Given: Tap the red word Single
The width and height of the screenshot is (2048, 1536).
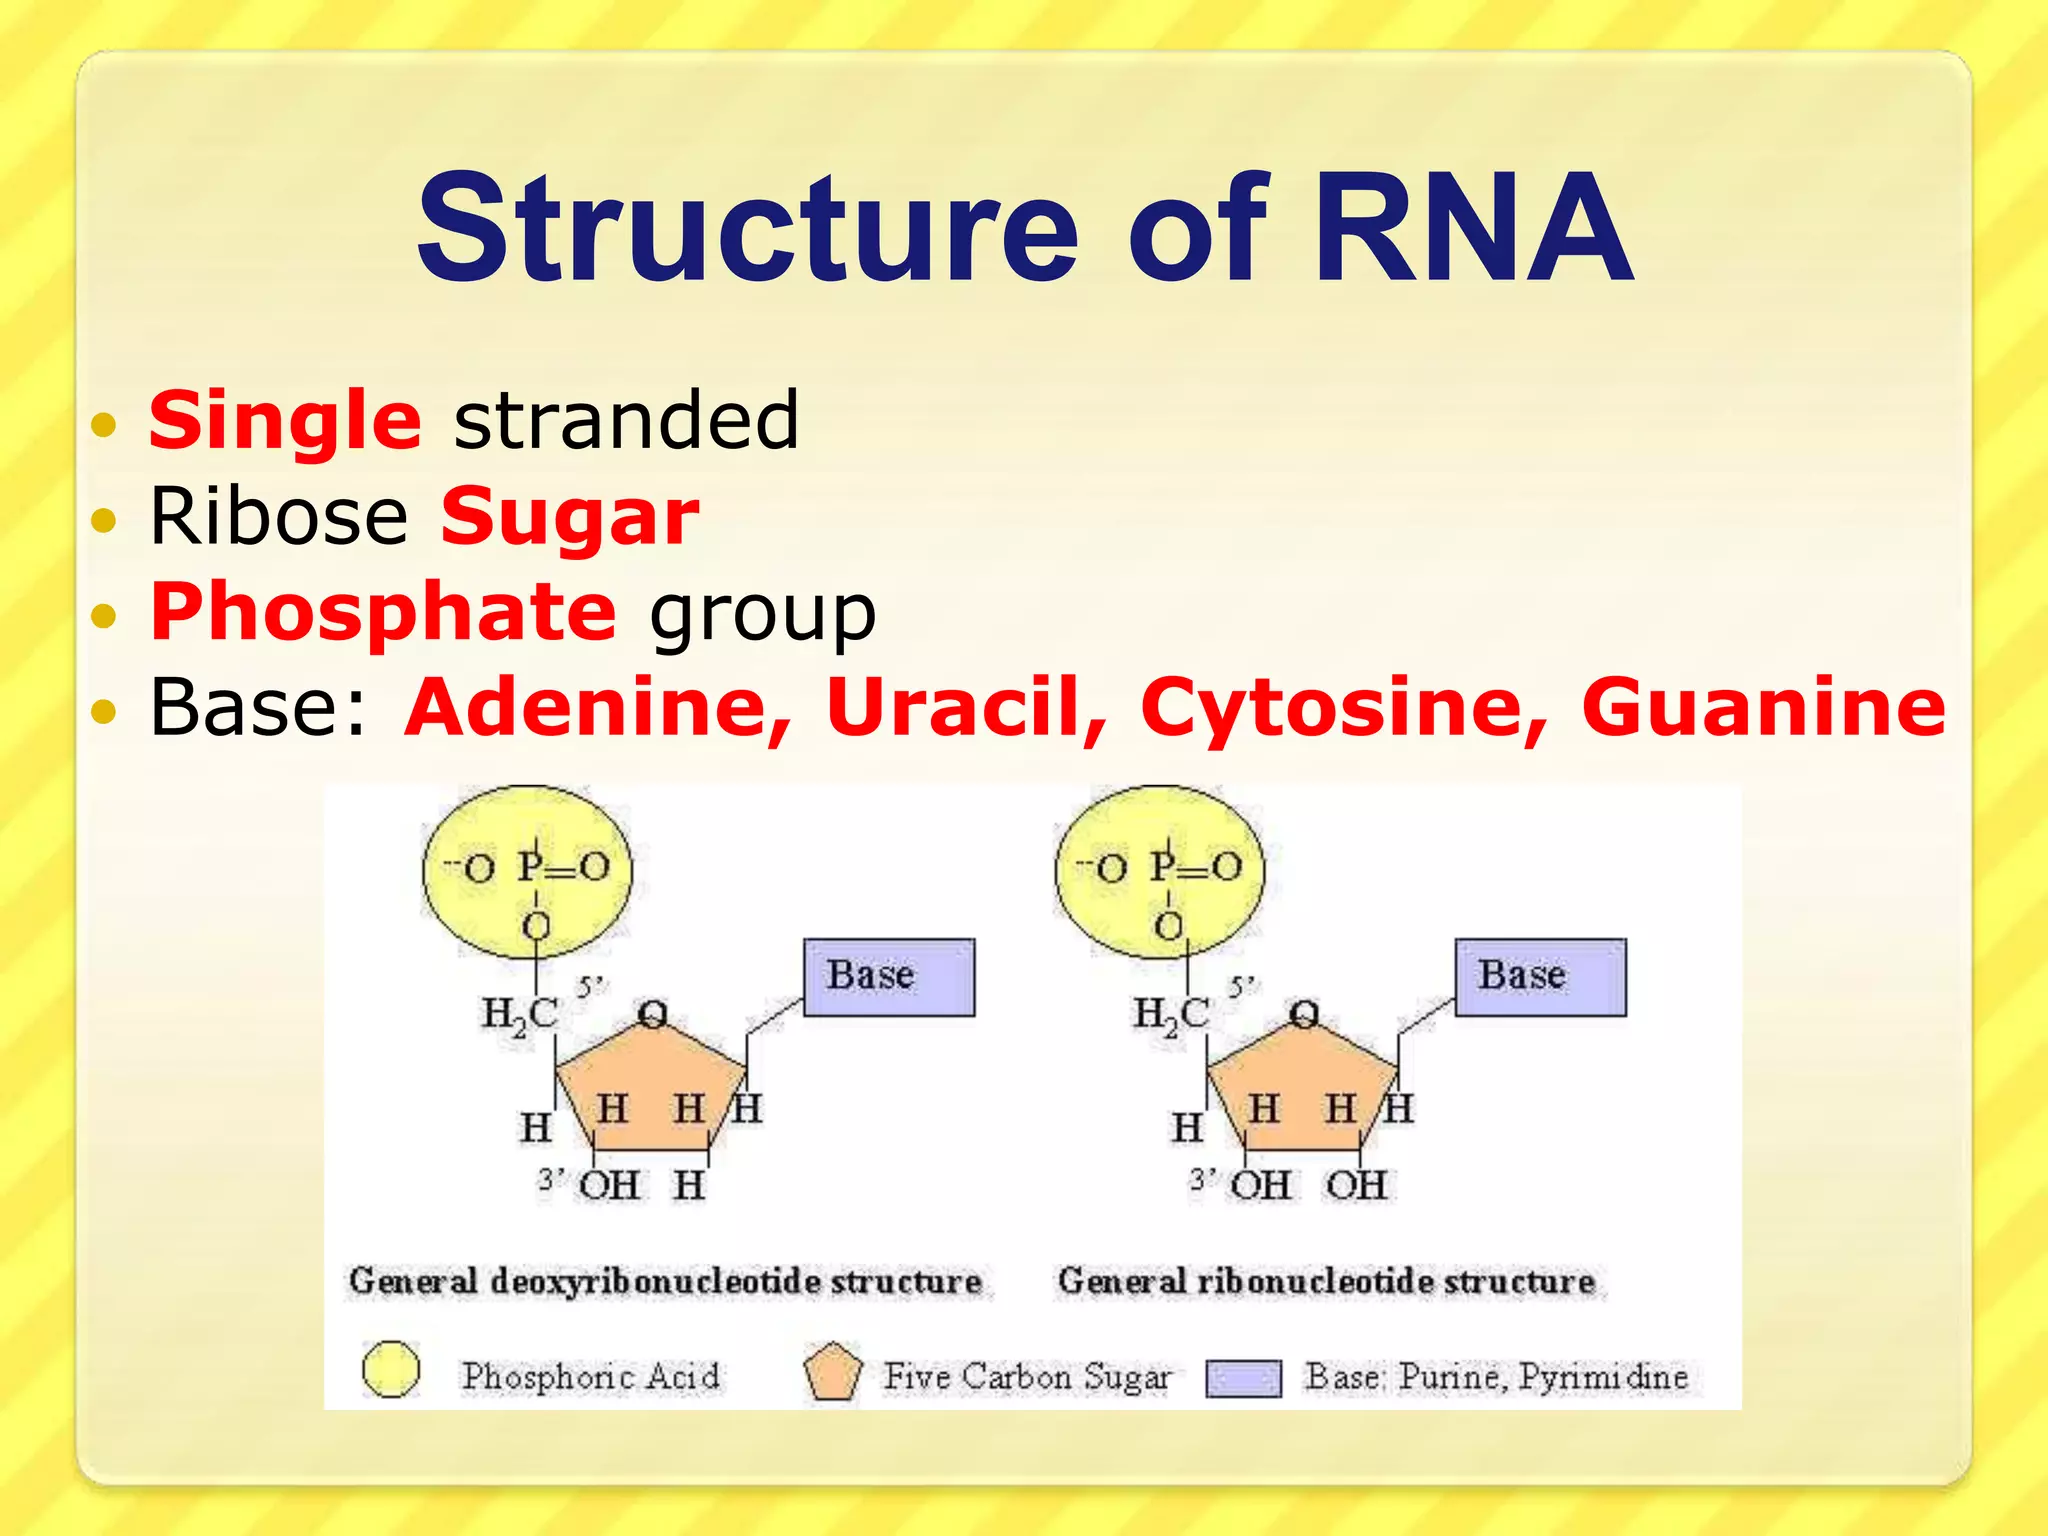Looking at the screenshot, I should point(285,420).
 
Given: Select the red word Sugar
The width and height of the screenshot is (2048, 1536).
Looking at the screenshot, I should point(570,517).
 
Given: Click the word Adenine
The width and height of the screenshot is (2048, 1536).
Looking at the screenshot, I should point(597,707).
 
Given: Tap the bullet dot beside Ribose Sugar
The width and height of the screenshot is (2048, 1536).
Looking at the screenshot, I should point(104,520).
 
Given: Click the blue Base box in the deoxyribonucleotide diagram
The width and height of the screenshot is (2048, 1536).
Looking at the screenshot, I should point(889,977).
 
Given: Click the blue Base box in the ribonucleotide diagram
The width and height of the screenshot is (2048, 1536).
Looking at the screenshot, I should point(1540,977).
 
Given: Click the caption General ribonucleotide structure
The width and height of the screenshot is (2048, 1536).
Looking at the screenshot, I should point(1326,1281).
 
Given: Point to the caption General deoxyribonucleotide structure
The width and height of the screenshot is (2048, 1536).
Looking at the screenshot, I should point(665,1281).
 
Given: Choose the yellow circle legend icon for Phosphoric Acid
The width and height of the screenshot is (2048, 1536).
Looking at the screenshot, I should point(391,1369).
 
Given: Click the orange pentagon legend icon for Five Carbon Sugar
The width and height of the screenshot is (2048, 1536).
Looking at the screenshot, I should point(832,1373).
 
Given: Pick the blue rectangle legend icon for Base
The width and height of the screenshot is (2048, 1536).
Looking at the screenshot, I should point(1243,1378).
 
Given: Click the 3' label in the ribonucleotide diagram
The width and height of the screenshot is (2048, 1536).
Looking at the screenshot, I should point(1202,1180).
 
